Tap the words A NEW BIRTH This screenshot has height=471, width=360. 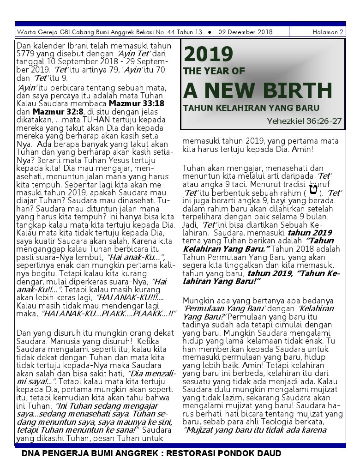258,91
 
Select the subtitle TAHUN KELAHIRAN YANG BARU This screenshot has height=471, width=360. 251,108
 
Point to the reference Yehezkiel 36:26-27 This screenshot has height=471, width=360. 304,121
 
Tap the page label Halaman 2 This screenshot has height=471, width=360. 328,32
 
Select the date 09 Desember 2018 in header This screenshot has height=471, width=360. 245,32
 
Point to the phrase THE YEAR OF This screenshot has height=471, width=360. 214,71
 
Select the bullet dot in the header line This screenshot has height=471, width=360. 210,32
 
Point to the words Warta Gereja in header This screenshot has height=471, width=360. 35,32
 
